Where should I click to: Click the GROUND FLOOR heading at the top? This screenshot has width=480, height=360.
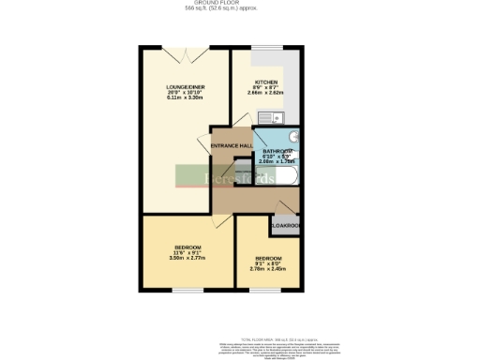240,4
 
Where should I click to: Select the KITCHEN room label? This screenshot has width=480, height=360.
265,82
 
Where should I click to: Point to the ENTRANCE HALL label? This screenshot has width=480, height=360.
231,146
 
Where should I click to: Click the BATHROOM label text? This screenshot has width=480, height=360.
277,151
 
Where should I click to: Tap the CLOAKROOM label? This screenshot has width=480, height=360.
285,226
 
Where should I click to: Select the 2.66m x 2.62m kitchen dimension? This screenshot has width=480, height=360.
265,93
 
